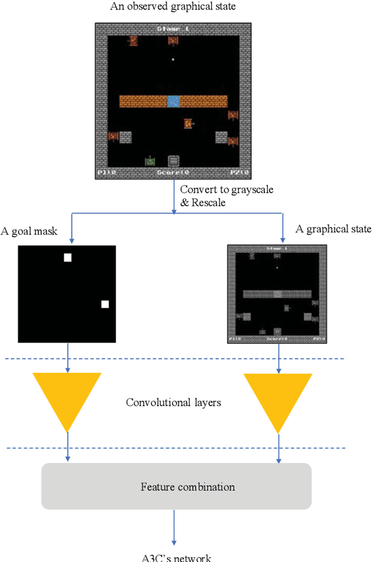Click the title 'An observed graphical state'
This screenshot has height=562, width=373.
tap(173, 6)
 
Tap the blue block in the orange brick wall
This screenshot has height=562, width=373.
tap(173, 101)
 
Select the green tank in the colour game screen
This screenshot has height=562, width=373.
tap(150, 161)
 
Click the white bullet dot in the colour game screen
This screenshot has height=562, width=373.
tap(173, 60)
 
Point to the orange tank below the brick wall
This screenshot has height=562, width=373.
tap(188, 124)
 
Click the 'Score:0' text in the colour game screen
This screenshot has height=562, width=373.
tap(173, 173)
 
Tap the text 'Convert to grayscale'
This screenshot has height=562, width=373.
tap(227, 190)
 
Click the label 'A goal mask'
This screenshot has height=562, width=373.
tap(45, 231)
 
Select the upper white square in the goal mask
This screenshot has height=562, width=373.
tap(68, 257)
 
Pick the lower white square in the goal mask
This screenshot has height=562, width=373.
tap(105, 304)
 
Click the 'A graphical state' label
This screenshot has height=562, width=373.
tap(333, 229)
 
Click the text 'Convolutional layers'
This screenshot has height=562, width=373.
tap(174, 403)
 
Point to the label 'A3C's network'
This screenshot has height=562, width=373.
tap(173, 557)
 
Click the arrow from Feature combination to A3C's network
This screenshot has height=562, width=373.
tap(173, 526)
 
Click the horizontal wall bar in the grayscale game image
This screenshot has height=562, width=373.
tap(277, 294)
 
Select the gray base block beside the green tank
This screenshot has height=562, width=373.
tap(173, 160)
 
